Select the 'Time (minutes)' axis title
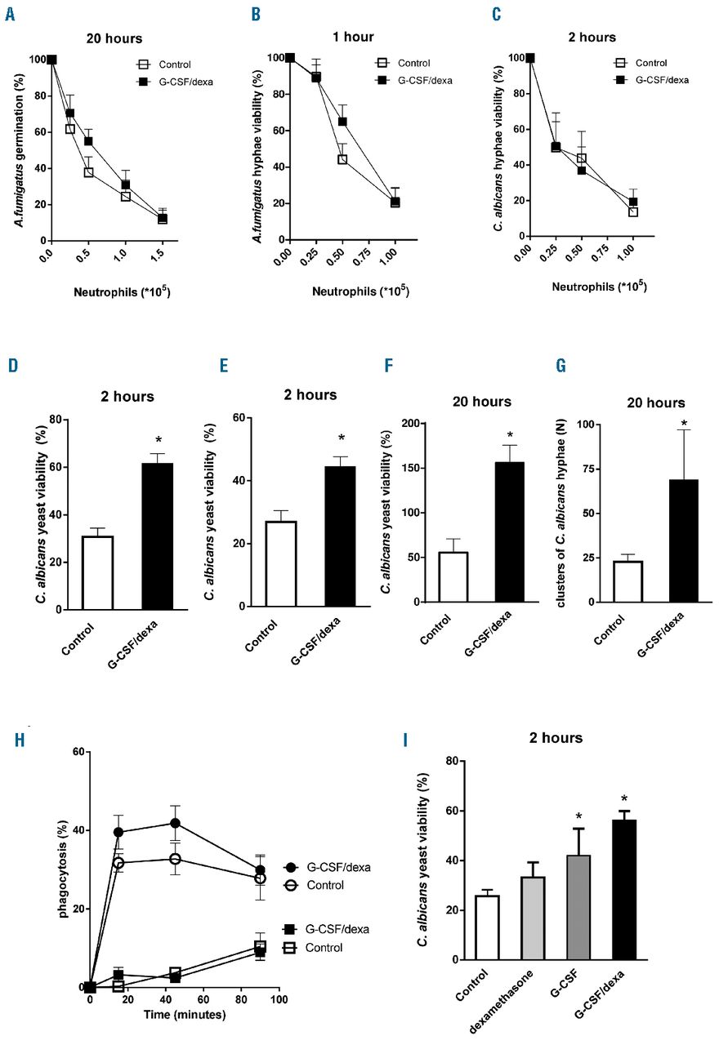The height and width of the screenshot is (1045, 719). [x=185, y=1015]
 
